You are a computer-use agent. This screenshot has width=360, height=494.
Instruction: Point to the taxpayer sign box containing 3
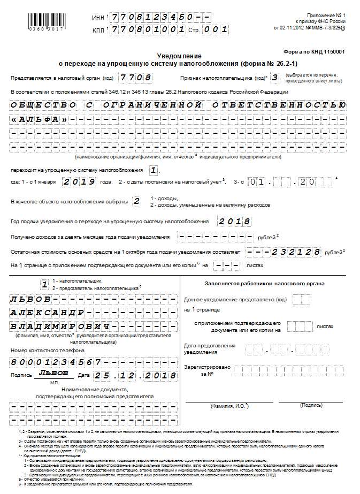tap(274, 78)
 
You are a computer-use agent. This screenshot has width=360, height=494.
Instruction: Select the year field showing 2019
tap(80, 182)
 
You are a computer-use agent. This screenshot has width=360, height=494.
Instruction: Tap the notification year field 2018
tap(234, 222)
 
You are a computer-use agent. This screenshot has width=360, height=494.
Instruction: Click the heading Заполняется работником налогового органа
tap(264, 284)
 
